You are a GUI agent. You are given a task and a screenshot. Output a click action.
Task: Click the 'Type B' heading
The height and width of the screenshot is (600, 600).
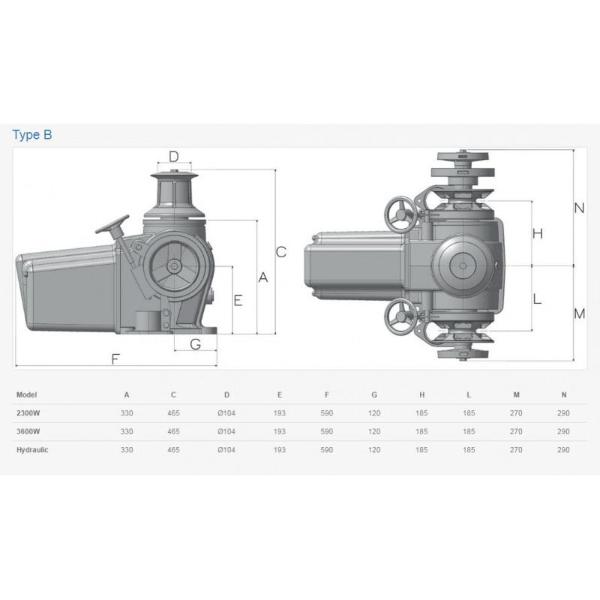(32, 135)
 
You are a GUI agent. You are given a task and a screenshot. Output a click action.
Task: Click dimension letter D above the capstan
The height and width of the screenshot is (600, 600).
(174, 157)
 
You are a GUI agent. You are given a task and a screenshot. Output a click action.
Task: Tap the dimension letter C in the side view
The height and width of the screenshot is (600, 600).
(280, 252)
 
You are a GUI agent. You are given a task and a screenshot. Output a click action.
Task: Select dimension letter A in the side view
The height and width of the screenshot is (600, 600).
(263, 277)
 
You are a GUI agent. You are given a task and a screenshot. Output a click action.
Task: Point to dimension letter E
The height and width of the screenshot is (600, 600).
(238, 301)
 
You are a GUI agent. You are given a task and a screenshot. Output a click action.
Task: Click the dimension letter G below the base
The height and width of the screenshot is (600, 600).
(196, 344)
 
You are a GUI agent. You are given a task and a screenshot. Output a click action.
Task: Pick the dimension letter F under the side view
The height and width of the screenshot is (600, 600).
(115, 359)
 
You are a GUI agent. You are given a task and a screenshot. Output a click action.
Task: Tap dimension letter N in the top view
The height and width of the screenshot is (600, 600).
(579, 208)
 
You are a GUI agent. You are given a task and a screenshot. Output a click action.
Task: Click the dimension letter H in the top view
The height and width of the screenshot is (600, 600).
(538, 233)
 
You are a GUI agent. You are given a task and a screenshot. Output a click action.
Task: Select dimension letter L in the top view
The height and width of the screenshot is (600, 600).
(537, 298)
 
